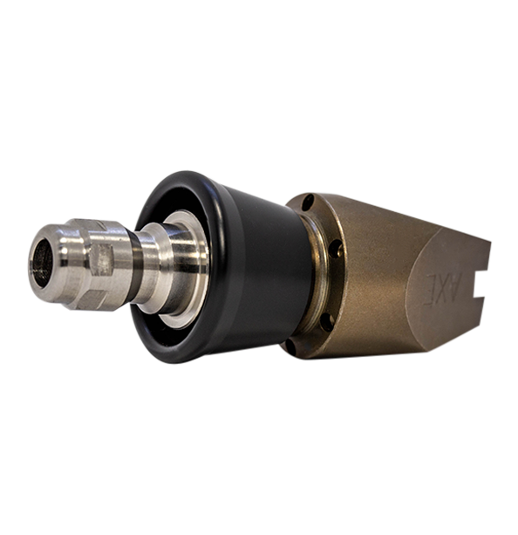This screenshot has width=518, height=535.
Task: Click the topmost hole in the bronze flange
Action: click(x=307, y=202)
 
